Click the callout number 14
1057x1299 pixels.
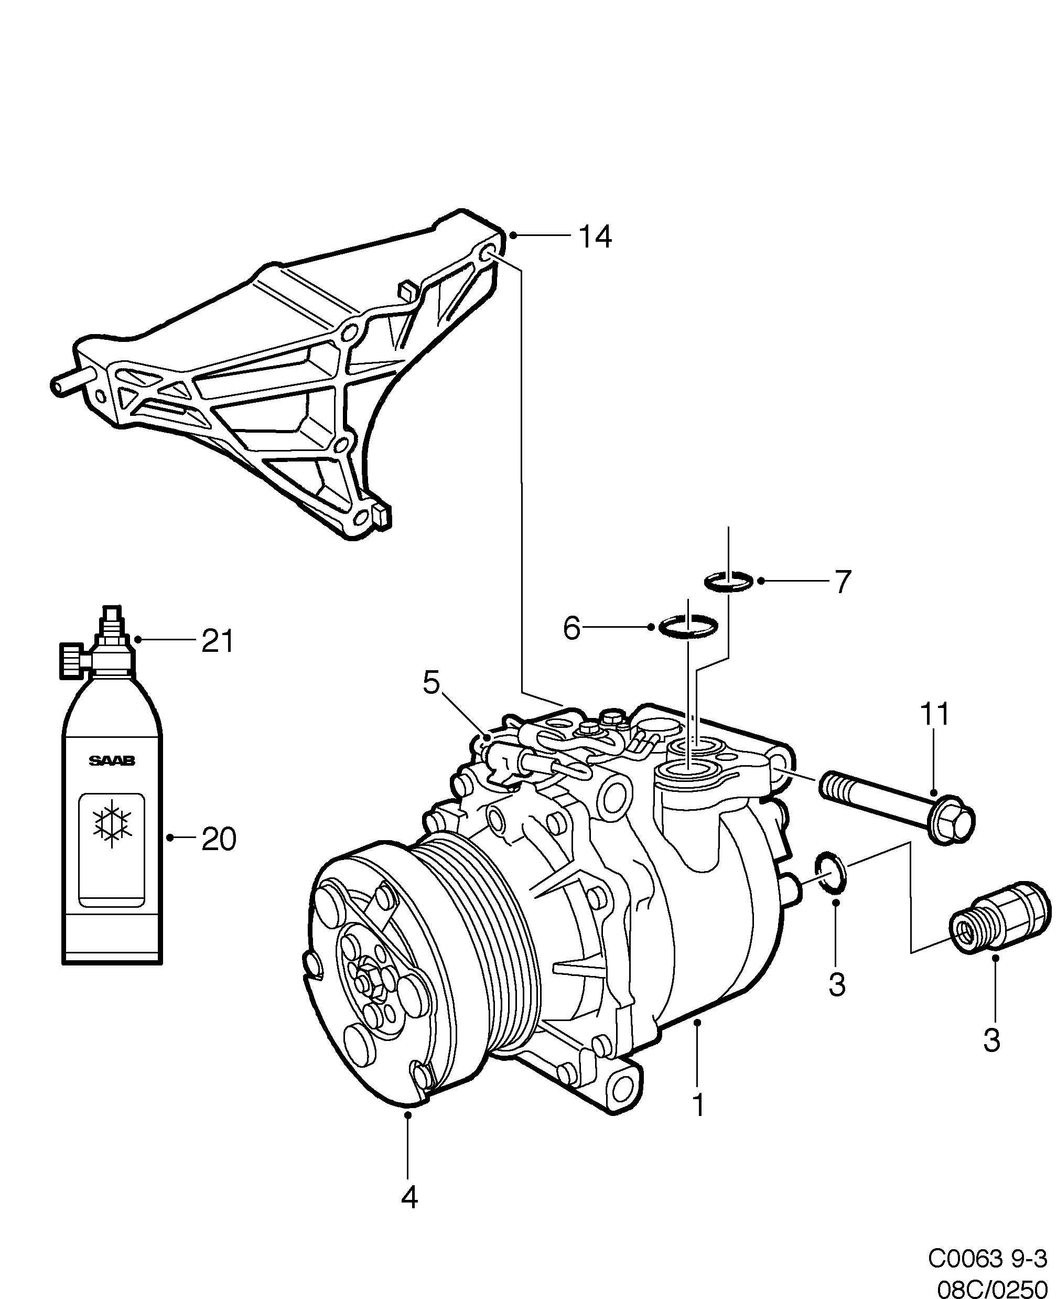(x=594, y=237)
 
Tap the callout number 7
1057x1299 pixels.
(x=842, y=582)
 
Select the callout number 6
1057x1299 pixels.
(x=571, y=628)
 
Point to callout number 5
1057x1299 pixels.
(x=430, y=683)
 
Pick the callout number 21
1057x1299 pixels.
(x=218, y=641)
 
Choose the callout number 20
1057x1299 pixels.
(x=218, y=840)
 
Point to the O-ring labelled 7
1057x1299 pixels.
(x=729, y=582)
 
